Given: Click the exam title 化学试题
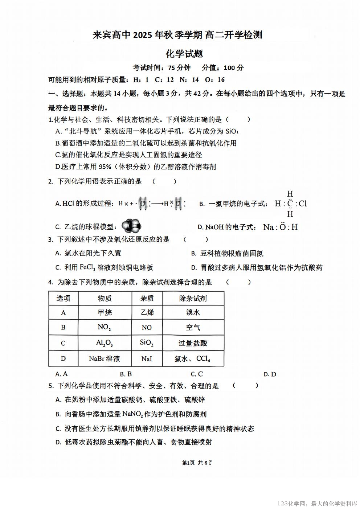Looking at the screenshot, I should coord(184,54).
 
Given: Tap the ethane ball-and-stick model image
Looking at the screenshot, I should coord(131,226).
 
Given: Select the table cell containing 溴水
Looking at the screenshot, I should coord(193,312).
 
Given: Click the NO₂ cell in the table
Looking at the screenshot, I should coord(105,327).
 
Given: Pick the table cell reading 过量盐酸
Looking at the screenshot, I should coord(193,343).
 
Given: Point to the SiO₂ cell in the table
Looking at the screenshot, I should coord(147,343).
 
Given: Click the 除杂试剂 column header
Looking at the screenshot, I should coord(193,298).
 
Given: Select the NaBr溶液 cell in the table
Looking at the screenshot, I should coord(105,358).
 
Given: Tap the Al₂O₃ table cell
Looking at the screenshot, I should coord(105,343).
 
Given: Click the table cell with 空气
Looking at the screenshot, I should coord(193,327).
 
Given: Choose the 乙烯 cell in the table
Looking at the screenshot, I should coord(147,312).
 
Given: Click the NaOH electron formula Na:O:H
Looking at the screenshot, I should coord(281,227).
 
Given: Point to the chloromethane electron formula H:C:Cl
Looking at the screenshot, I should coord(290,204).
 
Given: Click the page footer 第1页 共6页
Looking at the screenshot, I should coord(196,463).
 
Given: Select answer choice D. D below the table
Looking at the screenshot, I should coord(270,374).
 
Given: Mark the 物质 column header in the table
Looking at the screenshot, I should coord(105,298).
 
